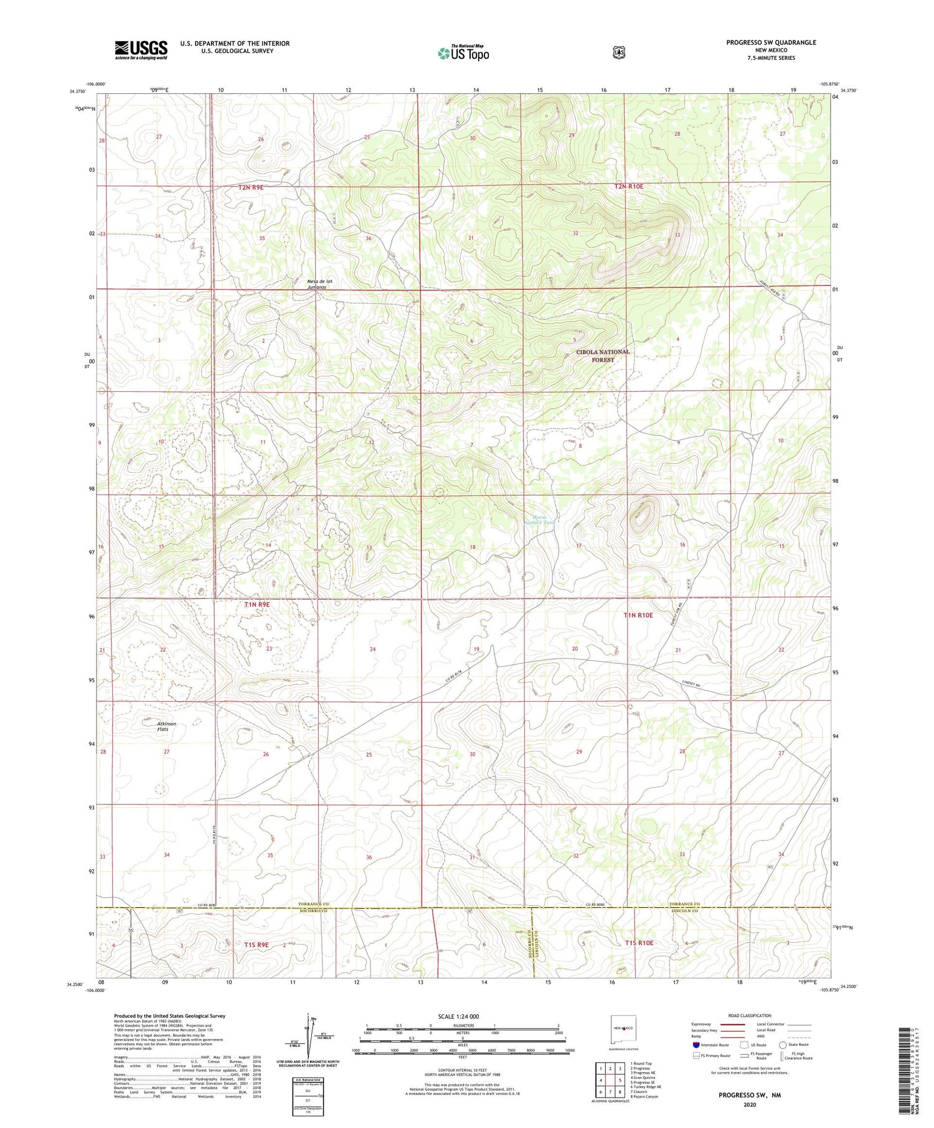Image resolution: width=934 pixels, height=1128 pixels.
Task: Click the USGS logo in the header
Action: point(141,50)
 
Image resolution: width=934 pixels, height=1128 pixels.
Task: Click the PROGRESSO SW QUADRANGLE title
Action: point(771,42)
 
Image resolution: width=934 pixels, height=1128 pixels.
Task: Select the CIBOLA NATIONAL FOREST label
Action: point(603,356)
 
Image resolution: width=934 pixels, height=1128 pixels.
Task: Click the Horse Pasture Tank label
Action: point(539,520)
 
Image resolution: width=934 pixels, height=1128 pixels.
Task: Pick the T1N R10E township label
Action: point(638,615)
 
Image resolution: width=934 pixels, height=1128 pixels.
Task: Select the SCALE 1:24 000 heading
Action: point(463,1016)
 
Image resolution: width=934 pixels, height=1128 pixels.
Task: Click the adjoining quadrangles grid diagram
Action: point(610,1080)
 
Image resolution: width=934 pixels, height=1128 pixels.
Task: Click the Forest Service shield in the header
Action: point(615,53)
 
